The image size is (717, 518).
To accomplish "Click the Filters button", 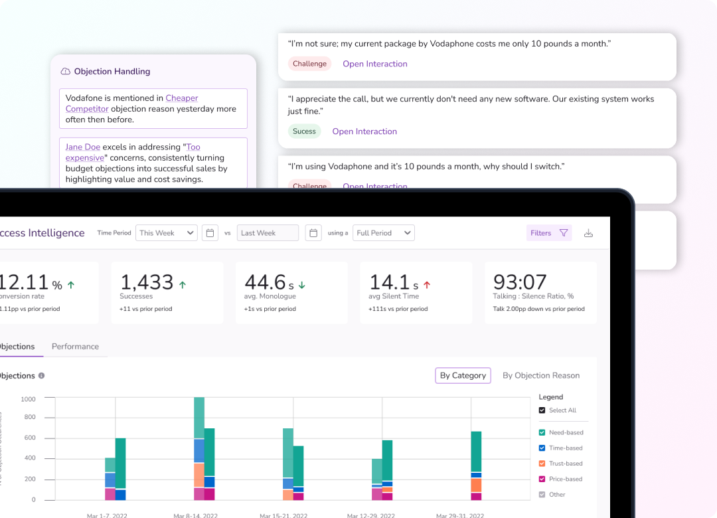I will [548, 233].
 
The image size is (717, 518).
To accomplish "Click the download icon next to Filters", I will [588, 233].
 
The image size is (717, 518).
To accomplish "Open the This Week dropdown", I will [166, 233].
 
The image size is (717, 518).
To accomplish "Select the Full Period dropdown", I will [384, 233].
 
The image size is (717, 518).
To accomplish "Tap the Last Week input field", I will [268, 233].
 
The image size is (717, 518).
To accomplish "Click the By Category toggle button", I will [463, 375].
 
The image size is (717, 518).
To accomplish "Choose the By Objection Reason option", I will [540, 375].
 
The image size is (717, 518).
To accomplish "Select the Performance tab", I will [75, 347].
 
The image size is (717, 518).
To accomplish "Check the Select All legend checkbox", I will [542, 410].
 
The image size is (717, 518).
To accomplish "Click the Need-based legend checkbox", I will [542, 432].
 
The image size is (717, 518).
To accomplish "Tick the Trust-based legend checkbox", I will [542, 464].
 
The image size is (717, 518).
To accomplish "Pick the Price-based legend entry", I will [565, 479].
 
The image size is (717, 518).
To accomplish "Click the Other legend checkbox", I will [542, 494].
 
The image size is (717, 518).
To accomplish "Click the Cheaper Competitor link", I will [181, 98].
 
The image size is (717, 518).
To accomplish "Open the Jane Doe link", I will [83, 147].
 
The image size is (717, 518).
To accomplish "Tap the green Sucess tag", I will [304, 131].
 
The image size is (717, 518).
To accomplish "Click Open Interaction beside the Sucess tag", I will [364, 131].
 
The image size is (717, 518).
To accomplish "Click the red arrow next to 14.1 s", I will [427, 285].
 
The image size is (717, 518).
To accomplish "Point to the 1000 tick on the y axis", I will [28, 399].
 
